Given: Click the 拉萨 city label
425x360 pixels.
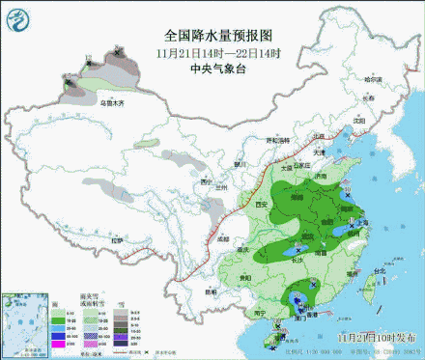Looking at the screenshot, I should (x=117, y=238).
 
